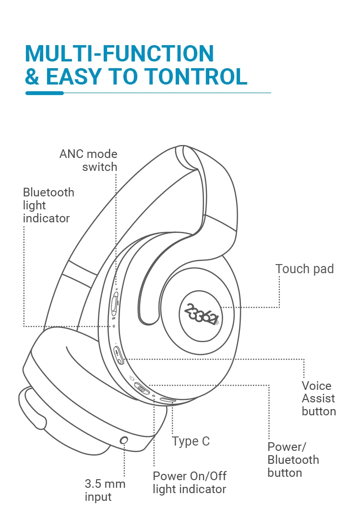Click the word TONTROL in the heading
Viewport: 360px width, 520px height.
click(195, 76)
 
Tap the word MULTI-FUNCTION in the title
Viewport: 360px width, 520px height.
click(120, 53)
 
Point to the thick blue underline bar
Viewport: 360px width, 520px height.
click(44, 93)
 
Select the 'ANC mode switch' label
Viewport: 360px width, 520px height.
click(88, 160)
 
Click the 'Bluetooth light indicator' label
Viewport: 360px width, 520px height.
click(48, 205)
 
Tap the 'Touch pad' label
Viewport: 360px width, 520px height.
click(304, 269)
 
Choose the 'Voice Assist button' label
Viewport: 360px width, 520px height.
click(318, 398)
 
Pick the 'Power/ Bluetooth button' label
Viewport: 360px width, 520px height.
click(293, 460)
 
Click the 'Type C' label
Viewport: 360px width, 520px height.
click(191, 441)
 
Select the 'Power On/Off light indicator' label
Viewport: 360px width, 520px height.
click(189, 483)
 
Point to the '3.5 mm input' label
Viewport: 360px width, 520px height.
click(105, 490)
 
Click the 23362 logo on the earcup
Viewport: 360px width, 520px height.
click(202, 314)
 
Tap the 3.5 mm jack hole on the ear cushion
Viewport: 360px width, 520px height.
click(124, 440)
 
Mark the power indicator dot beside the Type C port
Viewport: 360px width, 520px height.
click(154, 396)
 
